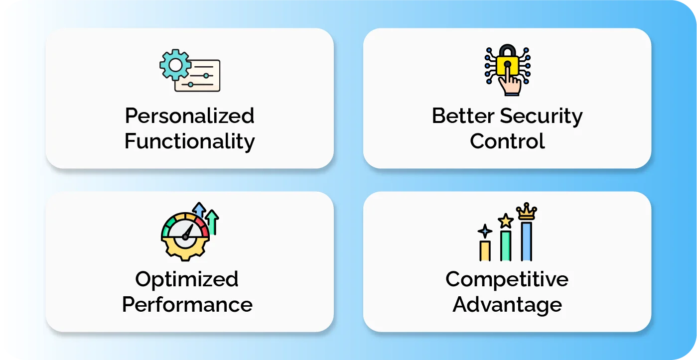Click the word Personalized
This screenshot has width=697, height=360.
(x=189, y=116)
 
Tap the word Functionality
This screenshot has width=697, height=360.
(x=189, y=141)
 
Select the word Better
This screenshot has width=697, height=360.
(x=463, y=116)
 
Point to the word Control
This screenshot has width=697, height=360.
(x=507, y=141)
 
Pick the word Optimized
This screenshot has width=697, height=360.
(x=187, y=279)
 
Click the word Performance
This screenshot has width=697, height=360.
(x=187, y=304)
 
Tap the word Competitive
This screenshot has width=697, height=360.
(x=507, y=279)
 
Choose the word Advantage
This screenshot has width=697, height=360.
(x=507, y=305)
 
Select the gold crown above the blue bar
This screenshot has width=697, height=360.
(x=526, y=212)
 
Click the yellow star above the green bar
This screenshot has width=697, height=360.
(x=506, y=220)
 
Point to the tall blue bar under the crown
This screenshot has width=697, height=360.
(x=526, y=241)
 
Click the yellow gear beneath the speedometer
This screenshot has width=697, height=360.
(x=185, y=249)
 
